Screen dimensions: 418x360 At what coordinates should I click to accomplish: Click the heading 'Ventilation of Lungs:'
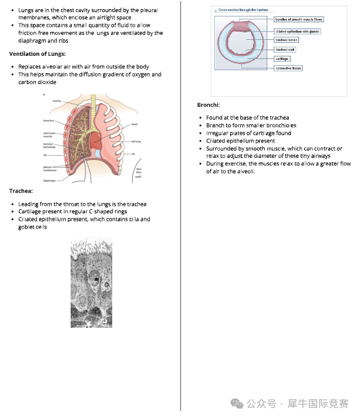point(38,54)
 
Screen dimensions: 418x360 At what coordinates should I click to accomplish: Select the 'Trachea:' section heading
point(21,191)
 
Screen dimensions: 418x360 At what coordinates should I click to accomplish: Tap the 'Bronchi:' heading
point(208,105)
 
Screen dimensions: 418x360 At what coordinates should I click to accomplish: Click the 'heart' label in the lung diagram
point(134,124)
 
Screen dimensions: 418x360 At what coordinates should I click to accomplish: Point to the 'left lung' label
point(136,141)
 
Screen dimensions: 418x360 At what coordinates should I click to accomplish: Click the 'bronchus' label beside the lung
point(48,120)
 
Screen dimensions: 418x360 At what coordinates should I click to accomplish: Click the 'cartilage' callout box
point(282,59)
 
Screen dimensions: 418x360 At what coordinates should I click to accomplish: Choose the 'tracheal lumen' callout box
point(286,40)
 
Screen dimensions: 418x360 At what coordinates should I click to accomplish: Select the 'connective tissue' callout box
point(288,68)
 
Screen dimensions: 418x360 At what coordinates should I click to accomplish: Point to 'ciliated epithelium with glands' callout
point(297,31)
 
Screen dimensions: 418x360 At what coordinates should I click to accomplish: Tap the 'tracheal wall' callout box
point(284,50)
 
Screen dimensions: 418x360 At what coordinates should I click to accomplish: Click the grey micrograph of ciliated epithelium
point(91,282)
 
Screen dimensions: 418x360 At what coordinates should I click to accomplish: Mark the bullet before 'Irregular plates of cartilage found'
point(201,133)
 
